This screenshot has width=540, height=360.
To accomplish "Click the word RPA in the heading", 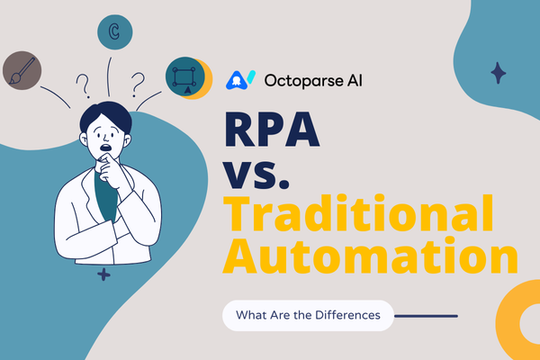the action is [272, 130].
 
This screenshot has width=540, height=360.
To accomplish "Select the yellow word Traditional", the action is [358, 213].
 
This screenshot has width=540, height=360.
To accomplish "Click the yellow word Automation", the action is [370, 255].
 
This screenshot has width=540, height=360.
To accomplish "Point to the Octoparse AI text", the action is [313, 81].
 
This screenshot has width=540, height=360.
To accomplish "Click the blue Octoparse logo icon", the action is [240, 80].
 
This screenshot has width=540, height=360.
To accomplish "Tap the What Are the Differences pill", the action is [308, 315].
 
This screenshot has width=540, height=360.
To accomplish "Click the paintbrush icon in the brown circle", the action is [22, 70].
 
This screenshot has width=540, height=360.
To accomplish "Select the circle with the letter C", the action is [114, 32].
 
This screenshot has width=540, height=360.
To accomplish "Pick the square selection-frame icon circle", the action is [185, 76].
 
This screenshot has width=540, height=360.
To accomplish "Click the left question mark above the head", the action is [83, 85].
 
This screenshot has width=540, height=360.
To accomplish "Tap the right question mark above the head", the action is [138, 85].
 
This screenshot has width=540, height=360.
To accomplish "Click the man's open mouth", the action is [105, 148].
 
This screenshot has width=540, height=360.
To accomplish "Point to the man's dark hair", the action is [105, 115].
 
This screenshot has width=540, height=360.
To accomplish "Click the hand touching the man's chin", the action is [110, 168].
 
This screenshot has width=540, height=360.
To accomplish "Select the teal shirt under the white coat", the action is [105, 197].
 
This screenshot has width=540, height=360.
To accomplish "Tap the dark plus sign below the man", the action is [103, 274].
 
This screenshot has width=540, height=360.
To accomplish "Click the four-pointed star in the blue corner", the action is [499, 73].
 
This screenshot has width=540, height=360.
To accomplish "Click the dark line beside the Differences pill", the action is [426, 316].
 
